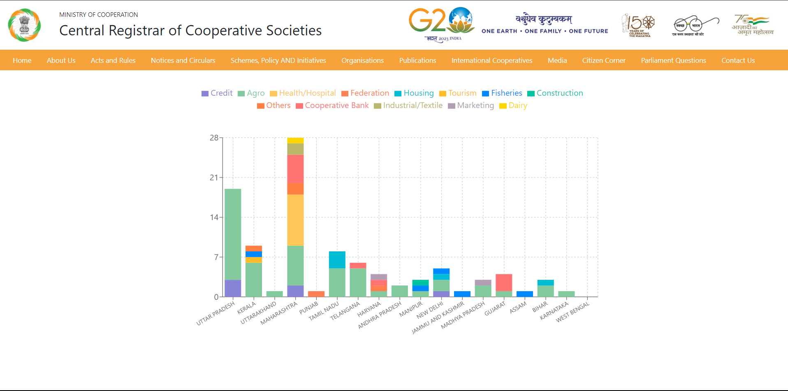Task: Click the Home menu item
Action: coord(22,60)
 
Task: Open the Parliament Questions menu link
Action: coord(673,60)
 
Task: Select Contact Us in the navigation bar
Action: coord(738,60)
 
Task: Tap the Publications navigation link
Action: coord(417,60)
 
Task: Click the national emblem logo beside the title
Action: coord(25,25)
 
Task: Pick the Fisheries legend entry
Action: coord(502,93)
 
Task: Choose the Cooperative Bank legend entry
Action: coord(332,106)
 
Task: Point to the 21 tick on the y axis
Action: coord(214,177)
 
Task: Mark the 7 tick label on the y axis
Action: coord(216,257)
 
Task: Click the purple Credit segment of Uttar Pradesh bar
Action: coord(233,288)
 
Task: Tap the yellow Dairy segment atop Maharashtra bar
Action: coord(295,140)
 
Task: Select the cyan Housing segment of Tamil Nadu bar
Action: coord(337,260)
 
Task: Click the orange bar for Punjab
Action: coord(316,294)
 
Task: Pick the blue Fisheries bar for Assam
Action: coord(524,294)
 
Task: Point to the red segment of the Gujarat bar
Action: coord(504,283)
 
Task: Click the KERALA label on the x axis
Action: coord(247,308)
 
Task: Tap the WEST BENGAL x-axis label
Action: coord(572,312)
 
